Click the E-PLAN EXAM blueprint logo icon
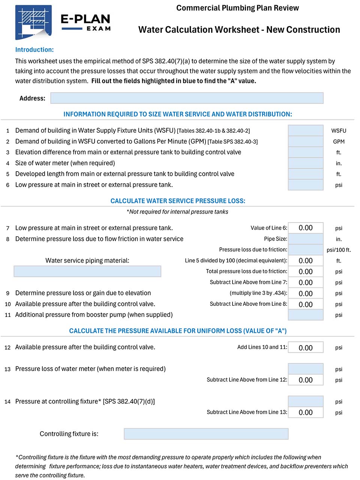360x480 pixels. click(x=33, y=22)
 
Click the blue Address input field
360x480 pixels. click(x=187, y=98)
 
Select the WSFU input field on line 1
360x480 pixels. click(x=305, y=130)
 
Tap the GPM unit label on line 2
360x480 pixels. click(x=338, y=142)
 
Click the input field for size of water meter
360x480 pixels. click(x=305, y=163)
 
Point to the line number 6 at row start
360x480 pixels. click(x=7, y=185)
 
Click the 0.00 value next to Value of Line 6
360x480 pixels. click(x=305, y=228)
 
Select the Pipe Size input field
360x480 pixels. click(x=305, y=239)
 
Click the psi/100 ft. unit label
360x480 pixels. click(x=338, y=250)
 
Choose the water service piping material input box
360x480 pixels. click(x=87, y=271)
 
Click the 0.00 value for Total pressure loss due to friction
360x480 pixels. click(x=305, y=272)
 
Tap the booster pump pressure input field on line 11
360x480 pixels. click(x=305, y=315)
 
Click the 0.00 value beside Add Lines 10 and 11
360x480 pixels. click(x=305, y=348)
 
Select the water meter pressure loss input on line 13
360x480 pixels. click(x=305, y=369)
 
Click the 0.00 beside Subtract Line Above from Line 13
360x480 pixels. click(x=305, y=412)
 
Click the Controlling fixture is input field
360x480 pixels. click(x=206, y=434)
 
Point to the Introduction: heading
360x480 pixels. click(x=34, y=50)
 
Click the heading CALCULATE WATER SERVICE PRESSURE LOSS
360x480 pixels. click(x=178, y=201)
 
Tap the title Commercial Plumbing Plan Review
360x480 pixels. click(x=237, y=8)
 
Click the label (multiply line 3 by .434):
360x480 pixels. click(x=258, y=293)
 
